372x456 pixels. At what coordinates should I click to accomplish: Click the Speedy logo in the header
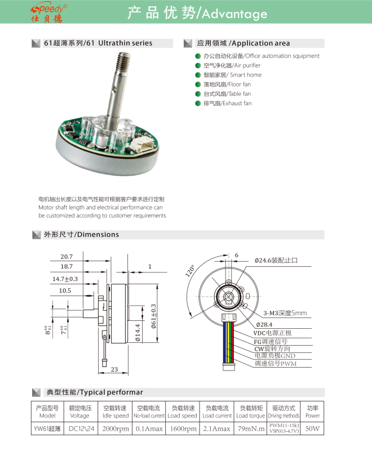click(x=49, y=12)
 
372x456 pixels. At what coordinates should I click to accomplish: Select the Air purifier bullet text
click(x=224, y=65)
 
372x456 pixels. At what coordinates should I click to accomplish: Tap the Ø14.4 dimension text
click(x=139, y=329)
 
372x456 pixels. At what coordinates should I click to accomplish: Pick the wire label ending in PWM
click(x=275, y=364)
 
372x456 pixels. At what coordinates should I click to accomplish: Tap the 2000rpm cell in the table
click(x=115, y=428)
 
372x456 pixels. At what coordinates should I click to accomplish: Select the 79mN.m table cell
click(x=250, y=428)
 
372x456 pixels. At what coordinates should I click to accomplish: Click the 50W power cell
click(x=312, y=428)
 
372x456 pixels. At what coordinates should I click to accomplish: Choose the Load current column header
click(x=216, y=412)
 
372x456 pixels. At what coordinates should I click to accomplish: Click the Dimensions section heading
click(x=82, y=234)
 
